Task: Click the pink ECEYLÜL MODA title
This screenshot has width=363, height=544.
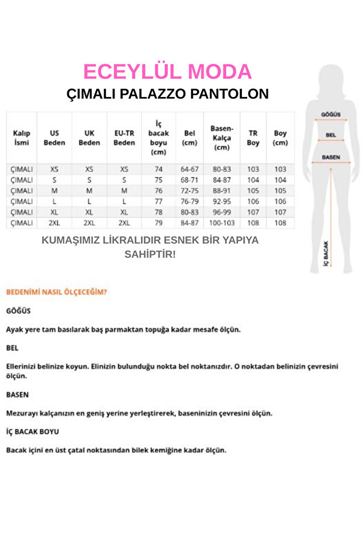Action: [167, 71]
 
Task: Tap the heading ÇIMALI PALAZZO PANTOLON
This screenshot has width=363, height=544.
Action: [167, 93]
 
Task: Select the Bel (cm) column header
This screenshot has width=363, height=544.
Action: [189, 137]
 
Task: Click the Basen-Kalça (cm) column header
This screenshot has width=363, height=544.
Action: [222, 137]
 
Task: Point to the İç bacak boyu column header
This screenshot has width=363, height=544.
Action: [158, 137]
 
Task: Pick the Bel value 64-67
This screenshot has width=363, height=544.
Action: [189, 169]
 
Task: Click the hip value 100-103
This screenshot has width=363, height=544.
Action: [222, 223]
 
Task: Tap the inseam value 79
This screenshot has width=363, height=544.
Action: [158, 223]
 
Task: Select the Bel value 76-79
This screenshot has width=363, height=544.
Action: [189, 201]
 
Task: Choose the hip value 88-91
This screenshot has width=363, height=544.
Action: [222, 190]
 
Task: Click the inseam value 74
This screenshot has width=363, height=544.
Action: [158, 169]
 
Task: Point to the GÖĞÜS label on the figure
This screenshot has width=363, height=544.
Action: [331, 115]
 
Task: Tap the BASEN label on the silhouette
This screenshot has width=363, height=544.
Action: [331, 157]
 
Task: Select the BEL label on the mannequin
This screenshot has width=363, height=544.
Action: [331, 135]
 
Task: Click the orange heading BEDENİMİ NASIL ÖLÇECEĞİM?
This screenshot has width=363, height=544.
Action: [56, 291]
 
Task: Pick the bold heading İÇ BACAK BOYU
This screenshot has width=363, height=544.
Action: [32, 431]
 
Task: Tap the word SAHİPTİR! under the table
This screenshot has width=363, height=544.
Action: [150, 254]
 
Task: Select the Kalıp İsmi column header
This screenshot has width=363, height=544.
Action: [22, 137]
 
